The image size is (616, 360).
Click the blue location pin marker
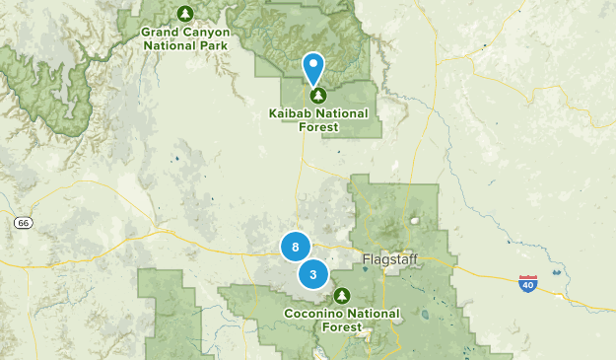click(313, 67)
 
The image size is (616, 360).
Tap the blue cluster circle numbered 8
click(296, 246)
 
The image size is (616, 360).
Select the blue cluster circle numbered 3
click(312, 274)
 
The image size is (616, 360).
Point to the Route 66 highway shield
click(23, 224)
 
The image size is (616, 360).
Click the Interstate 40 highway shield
click(528, 283)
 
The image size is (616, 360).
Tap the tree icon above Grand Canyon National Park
click(185, 14)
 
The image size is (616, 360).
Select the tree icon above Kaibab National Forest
click(317, 96)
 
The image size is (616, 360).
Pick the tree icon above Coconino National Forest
click(342, 295)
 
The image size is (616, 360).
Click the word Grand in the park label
click(160, 32)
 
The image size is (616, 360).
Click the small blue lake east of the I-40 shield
click(558, 273)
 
